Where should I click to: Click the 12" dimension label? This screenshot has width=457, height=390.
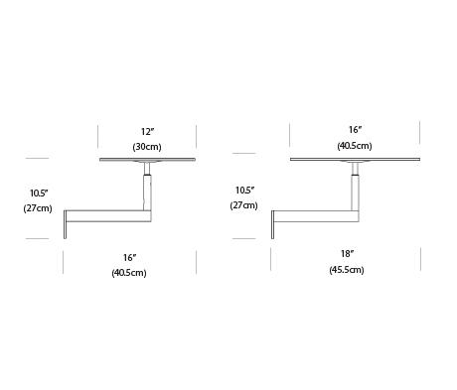click(x=147, y=132)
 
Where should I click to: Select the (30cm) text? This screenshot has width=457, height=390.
click(x=147, y=147)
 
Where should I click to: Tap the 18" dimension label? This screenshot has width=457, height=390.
click(x=348, y=254)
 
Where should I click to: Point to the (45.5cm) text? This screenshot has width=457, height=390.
click(x=347, y=270)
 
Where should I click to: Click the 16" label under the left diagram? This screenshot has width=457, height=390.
click(x=130, y=257)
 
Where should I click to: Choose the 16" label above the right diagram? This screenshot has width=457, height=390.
click(x=355, y=130)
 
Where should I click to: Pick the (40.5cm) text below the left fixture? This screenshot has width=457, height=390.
click(x=129, y=273)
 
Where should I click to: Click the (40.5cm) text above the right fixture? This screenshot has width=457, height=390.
click(x=355, y=146)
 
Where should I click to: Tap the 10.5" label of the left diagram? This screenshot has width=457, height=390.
click(x=40, y=193)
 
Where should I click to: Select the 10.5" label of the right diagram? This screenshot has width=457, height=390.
click(x=244, y=191)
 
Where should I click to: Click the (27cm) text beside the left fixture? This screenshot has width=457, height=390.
click(x=38, y=208)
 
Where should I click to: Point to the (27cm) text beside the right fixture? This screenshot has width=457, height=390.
click(x=243, y=205)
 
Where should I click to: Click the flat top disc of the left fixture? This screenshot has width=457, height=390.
click(x=148, y=160)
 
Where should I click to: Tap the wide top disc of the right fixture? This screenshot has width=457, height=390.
click(x=355, y=160)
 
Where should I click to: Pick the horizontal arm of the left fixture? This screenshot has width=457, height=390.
click(x=109, y=215)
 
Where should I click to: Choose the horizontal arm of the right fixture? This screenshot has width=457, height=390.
click(x=317, y=215)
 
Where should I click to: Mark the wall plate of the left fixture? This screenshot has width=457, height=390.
click(x=66, y=224)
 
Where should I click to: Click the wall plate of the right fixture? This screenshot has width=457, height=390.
click(x=272, y=224)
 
